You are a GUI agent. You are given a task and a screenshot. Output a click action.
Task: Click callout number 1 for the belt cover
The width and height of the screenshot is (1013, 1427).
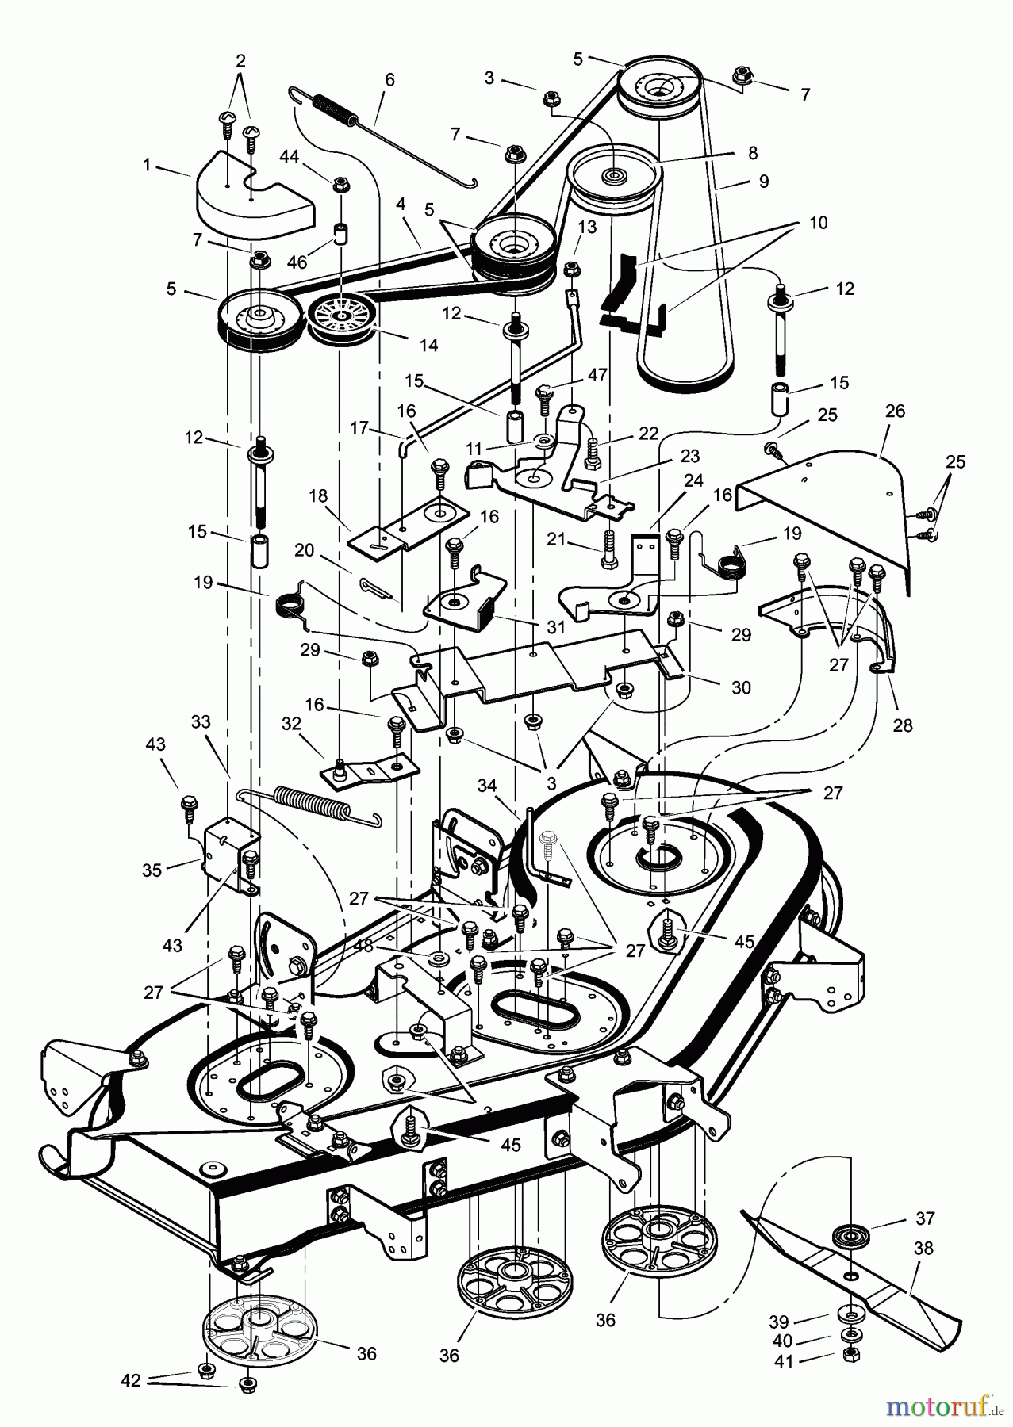pyautogui.click(x=147, y=165)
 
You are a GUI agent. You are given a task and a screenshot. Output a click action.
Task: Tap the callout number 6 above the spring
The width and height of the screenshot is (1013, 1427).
pyautogui.click(x=389, y=80)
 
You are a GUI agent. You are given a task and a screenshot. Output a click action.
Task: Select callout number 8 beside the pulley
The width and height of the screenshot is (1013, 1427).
pyautogui.click(x=752, y=153)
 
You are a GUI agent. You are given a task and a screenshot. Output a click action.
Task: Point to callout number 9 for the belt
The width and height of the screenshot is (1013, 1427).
pyautogui.click(x=764, y=182)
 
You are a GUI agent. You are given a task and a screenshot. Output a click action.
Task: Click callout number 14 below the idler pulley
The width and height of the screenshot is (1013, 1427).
pyautogui.click(x=429, y=345)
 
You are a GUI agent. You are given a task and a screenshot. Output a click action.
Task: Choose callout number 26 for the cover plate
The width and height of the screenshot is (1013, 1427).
pyautogui.click(x=895, y=411)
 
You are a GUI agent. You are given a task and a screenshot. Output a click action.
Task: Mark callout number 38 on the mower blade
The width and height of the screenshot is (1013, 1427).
pyautogui.click(x=923, y=1248)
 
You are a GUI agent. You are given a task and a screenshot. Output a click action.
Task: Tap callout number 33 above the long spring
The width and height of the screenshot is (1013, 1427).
pyautogui.click(x=201, y=721)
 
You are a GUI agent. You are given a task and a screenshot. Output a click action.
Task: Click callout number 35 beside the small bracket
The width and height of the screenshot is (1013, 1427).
pyautogui.click(x=152, y=870)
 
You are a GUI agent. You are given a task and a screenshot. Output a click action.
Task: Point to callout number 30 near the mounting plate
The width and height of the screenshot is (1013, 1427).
pyautogui.click(x=740, y=687)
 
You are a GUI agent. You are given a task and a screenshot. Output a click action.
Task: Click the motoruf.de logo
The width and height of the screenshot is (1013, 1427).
pyautogui.click(x=942, y=1406)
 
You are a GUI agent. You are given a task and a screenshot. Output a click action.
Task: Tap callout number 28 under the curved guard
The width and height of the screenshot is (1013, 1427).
pyautogui.click(x=903, y=725)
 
